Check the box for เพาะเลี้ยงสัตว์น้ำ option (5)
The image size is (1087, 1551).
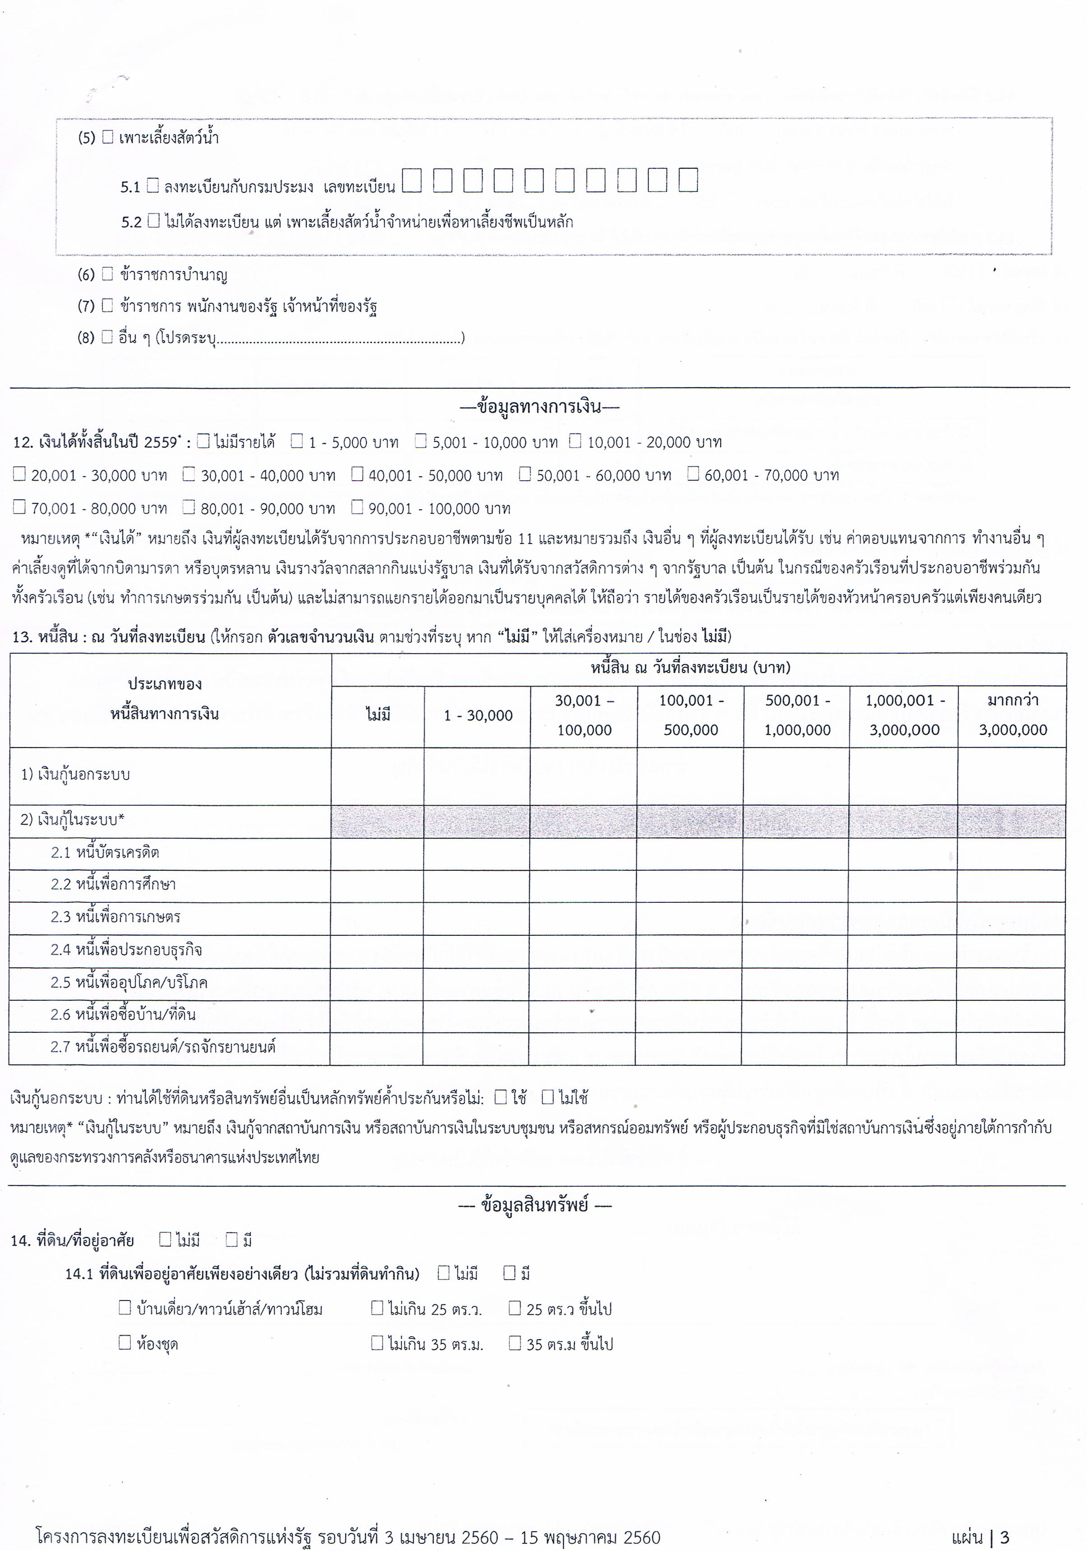[107, 137]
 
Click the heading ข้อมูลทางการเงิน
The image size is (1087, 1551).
[539, 407]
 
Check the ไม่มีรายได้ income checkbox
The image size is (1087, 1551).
[203, 442]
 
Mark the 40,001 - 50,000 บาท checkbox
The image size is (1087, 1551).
[357, 474]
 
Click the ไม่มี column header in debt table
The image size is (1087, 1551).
[378, 715]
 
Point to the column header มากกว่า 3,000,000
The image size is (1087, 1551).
[1012, 715]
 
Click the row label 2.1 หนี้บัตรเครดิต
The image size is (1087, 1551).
[105, 853]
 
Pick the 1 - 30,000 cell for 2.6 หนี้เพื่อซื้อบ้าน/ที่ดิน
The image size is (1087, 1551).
[476, 1015]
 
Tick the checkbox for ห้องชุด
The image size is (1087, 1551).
[125, 1342]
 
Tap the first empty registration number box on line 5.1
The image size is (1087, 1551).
[412, 181]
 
